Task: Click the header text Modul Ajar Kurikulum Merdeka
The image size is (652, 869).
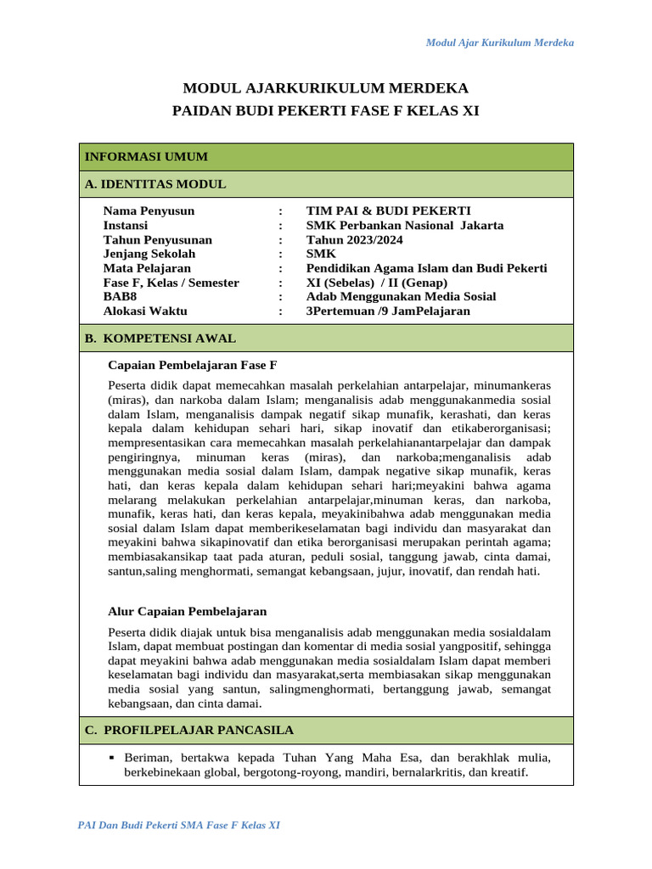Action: tap(499, 42)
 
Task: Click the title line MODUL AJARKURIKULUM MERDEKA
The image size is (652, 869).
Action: tap(326, 88)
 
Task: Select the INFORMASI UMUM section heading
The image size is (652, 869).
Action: tap(146, 157)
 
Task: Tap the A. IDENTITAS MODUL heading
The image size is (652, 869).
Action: tap(155, 184)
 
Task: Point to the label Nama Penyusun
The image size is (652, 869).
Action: tap(149, 211)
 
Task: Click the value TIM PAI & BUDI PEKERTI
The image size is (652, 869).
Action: tap(388, 211)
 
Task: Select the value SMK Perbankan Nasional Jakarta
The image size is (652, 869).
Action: tap(404, 226)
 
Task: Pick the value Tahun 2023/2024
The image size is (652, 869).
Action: tap(355, 240)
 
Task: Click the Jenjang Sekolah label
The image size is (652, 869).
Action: tap(149, 254)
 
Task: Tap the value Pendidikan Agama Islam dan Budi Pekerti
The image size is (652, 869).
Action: tap(426, 268)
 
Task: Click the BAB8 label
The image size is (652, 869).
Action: tap(120, 297)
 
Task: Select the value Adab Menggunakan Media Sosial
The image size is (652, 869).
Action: tap(401, 297)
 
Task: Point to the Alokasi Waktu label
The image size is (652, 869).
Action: tap(145, 311)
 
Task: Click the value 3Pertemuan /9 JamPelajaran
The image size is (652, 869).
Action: tap(387, 311)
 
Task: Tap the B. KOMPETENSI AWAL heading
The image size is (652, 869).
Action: tap(160, 338)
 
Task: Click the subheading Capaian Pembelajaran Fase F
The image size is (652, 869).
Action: tap(193, 365)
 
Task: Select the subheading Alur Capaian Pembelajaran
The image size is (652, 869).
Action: tap(188, 611)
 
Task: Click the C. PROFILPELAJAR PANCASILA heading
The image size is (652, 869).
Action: tap(189, 730)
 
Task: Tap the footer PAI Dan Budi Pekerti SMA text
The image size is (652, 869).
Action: tap(178, 825)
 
